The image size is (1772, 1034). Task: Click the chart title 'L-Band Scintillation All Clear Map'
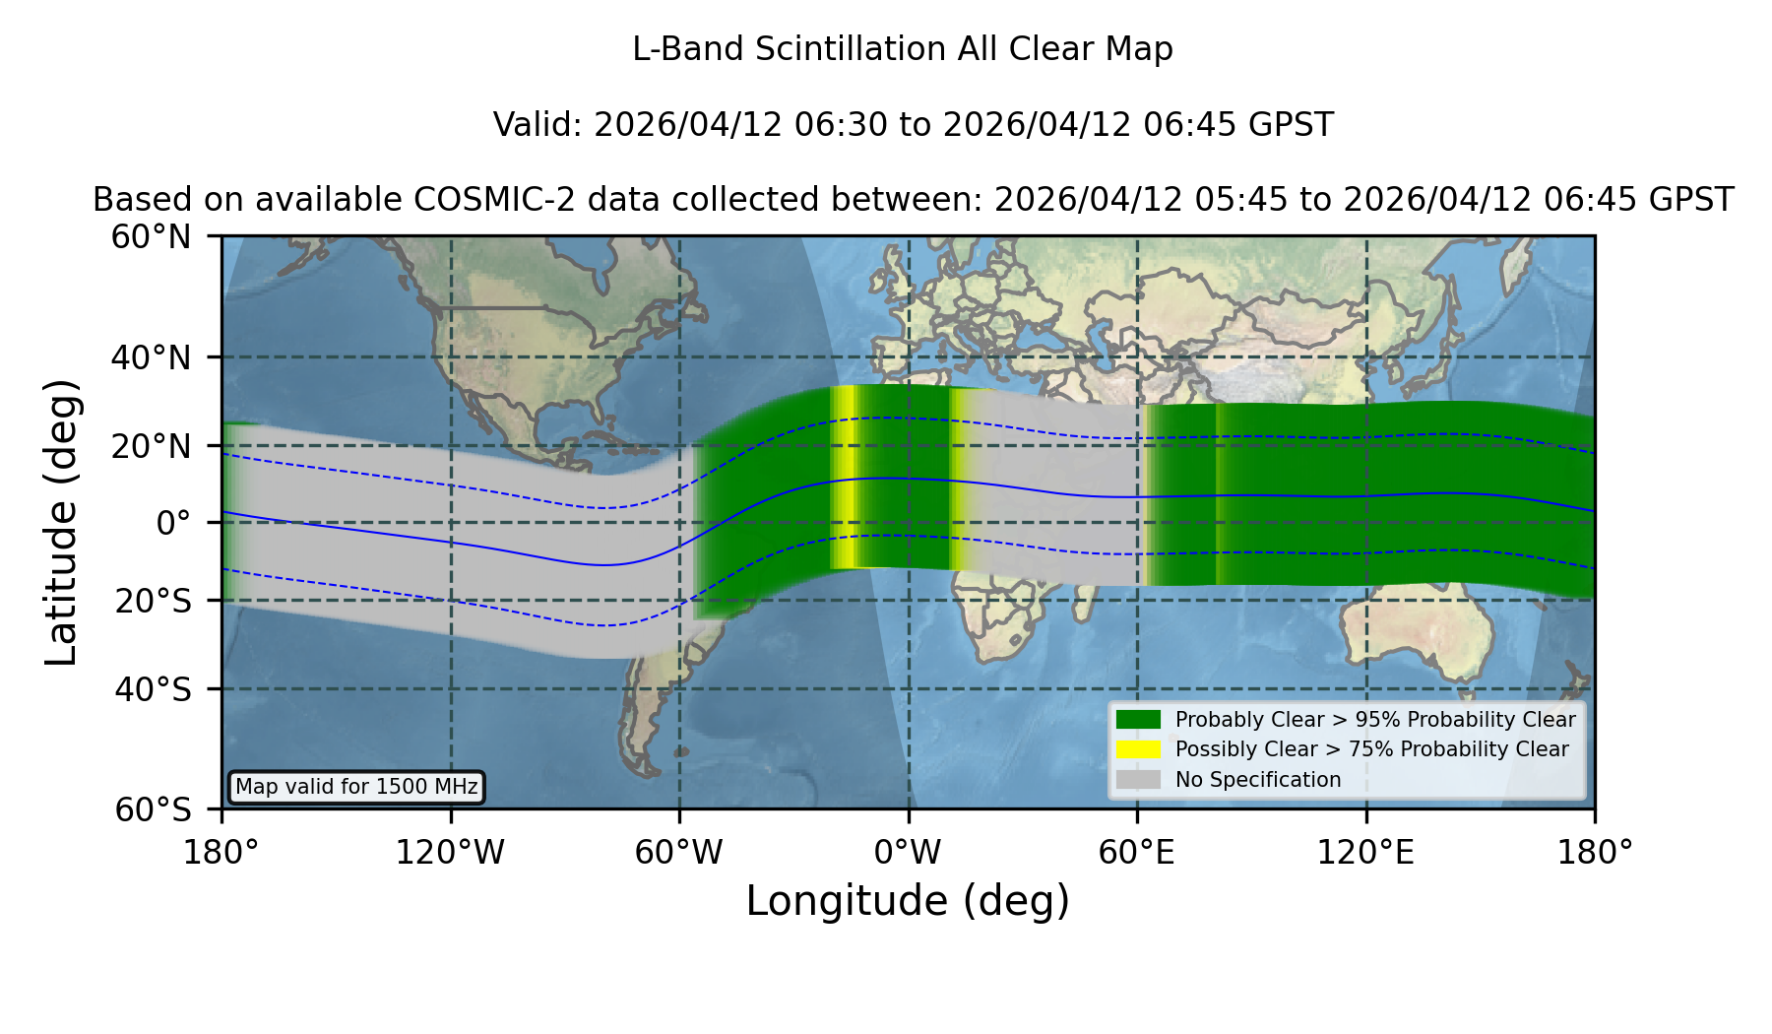pyautogui.click(x=902, y=49)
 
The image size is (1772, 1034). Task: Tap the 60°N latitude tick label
pyautogui.click(x=151, y=237)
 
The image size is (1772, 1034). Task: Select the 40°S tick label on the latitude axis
pyautogui.click(x=153, y=689)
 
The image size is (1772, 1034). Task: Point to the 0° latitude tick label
pyautogui.click(x=173, y=523)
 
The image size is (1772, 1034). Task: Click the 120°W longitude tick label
pyautogui.click(x=450, y=853)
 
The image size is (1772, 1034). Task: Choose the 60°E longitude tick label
pyautogui.click(x=1137, y=853)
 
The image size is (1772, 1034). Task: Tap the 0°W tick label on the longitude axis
pyautogui.click(x=908, y=853)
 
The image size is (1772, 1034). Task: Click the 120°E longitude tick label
pyautogui.click(x=1365, y=853)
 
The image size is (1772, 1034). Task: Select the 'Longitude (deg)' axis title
pyautogui.click(x=908, y=901)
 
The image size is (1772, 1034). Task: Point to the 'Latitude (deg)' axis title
pyautogui.click(x=61, y=522)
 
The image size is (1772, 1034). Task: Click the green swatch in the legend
pyautogui.click(x=1138, y=719)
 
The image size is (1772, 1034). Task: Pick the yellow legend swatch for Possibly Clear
pyautogui.click(x=1138, y=749)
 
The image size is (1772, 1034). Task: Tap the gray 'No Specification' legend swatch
pyautogui.click(x=1138, y=780)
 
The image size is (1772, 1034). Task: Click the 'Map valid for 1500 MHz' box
pyautogui.click(x=356, y=787)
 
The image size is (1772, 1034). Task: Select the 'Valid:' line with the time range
pyautogui.click(x=913, y=125)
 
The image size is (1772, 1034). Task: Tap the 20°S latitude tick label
pyautogui.click(x=153, y=601)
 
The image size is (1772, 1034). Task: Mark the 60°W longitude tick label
pyautogui.click(x=678, y=853)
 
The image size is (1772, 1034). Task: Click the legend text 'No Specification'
pyautogui.click(x=1258, y=780)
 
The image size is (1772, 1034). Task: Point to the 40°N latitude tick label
pyautogui.click(x=151, y=357)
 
